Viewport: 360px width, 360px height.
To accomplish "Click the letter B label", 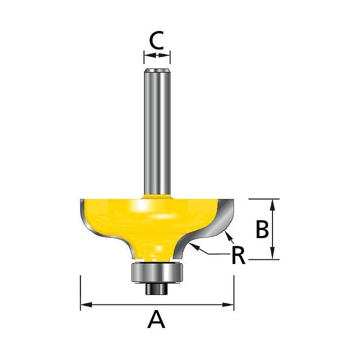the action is [x=262, y=229].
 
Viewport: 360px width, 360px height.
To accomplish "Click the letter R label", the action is [x=239, y=255].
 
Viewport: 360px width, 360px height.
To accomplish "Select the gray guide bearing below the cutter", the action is [x=157, y=272].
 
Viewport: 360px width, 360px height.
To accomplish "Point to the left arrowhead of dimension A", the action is [x=86, y=305].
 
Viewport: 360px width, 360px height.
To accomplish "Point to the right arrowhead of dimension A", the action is [x=228, y=305].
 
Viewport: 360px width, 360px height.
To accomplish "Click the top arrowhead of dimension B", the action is [x=272, y=205].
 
